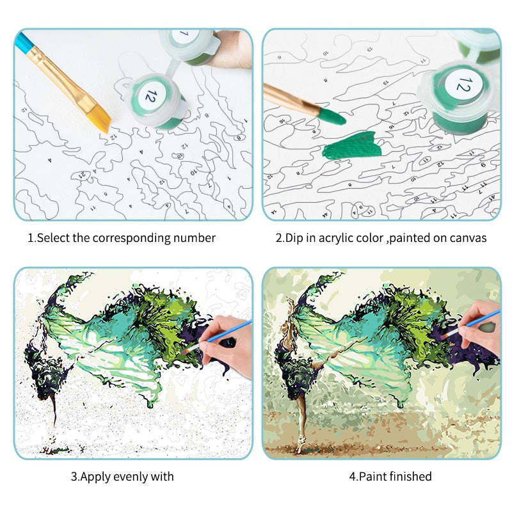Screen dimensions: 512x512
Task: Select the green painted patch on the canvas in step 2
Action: click(x=350, y=147)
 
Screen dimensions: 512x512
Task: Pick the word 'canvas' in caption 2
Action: click(x=469, y=238)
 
